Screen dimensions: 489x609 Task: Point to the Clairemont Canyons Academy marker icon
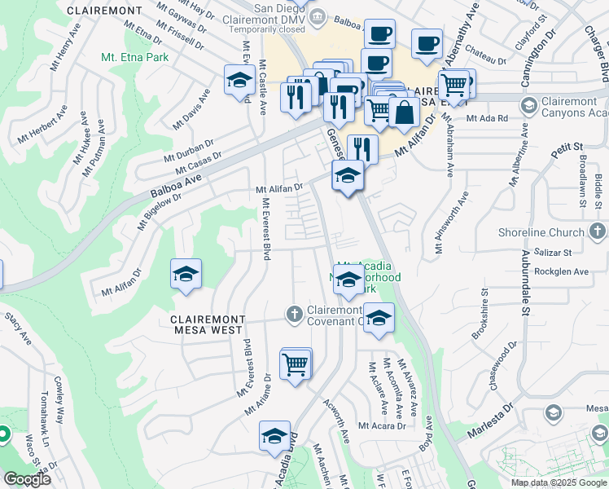click(528, 105)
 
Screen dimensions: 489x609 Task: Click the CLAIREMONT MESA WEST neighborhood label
click(207, 324)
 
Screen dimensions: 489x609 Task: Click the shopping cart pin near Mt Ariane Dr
click(295, 364)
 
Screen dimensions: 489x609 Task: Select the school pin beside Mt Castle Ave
click(239, 81)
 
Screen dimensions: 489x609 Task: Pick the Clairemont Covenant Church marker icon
click(295, 314)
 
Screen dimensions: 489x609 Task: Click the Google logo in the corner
click(27, 479)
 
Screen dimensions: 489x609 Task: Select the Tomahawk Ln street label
click(44, 430)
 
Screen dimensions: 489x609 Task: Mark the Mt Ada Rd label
click(486, 118)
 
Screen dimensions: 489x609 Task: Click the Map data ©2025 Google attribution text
click(558, 482)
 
